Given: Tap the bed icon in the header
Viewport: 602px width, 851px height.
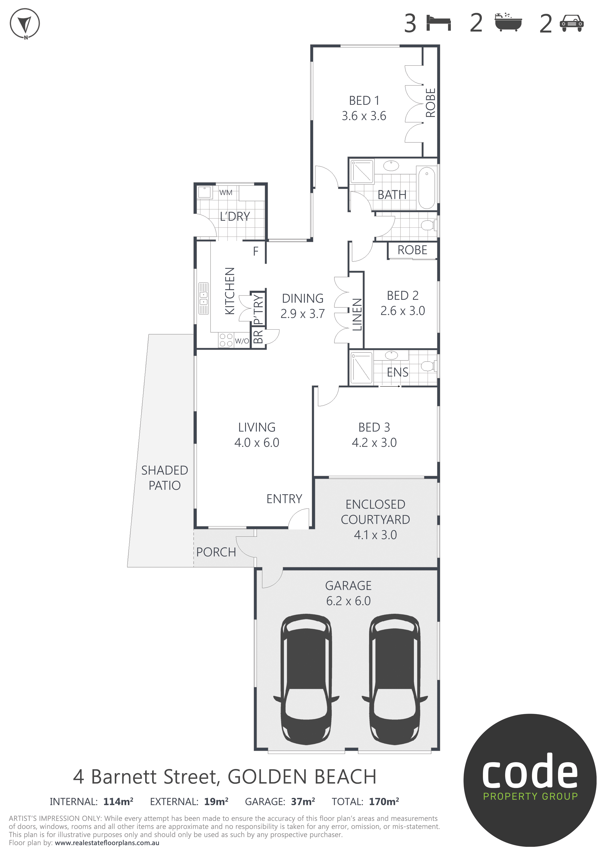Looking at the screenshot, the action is coord(438,23).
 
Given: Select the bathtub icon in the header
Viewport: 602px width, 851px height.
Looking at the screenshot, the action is coord(508,22).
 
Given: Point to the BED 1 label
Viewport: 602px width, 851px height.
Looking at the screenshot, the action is coord(364,100).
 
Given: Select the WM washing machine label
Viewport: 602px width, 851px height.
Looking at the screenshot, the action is coord(226,192).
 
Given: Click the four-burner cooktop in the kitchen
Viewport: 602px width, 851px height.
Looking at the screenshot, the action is coord(226,340).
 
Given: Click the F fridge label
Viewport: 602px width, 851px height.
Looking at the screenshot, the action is coord(256,251).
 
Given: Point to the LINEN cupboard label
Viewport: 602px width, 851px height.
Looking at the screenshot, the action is coord(357,314).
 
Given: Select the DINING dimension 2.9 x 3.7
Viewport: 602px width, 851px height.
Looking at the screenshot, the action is coord(303,314).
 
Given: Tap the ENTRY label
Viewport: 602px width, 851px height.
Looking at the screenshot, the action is coord(284,499).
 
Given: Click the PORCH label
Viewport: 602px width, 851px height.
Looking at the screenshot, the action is coord(216,552).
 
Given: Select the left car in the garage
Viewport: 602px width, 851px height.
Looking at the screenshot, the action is coord(306,679).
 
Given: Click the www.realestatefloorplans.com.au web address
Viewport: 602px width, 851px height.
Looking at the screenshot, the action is coord(107,843).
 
